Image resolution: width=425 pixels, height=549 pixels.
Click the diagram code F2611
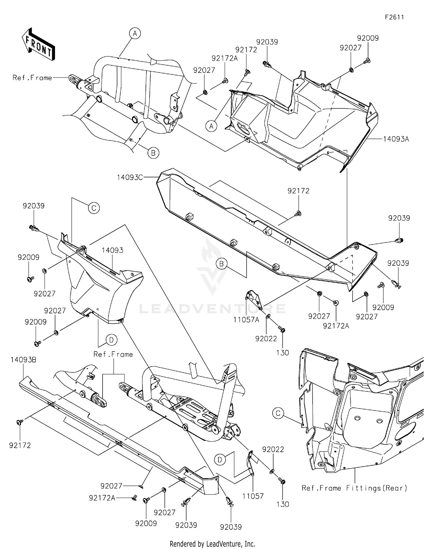(394, 17)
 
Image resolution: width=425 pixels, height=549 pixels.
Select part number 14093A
(396, 139)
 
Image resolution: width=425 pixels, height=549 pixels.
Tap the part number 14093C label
(130, 177)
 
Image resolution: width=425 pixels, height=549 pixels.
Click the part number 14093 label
(112, 250)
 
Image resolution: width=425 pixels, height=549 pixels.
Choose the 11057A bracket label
(246, 320)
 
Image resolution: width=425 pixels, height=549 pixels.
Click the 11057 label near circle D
(253, 496)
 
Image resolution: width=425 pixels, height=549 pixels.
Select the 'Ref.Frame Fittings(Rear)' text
(354, 488)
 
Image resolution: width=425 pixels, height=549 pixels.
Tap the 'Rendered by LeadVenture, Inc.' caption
(212, 544)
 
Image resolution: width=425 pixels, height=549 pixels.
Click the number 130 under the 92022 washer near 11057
(282, 504)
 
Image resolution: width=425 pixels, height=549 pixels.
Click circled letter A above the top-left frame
(135, 33)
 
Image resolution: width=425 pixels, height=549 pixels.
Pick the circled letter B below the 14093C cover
(222, 264)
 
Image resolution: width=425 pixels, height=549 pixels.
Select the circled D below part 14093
(111, 340)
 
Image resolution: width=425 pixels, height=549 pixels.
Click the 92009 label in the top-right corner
(367, 38)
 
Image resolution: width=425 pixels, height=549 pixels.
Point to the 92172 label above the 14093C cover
(298, 191)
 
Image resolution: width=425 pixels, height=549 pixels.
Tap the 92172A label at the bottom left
(102, 498)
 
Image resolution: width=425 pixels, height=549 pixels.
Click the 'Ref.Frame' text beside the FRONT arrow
(32, 78)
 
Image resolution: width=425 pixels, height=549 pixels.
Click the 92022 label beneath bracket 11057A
(266, 339)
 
